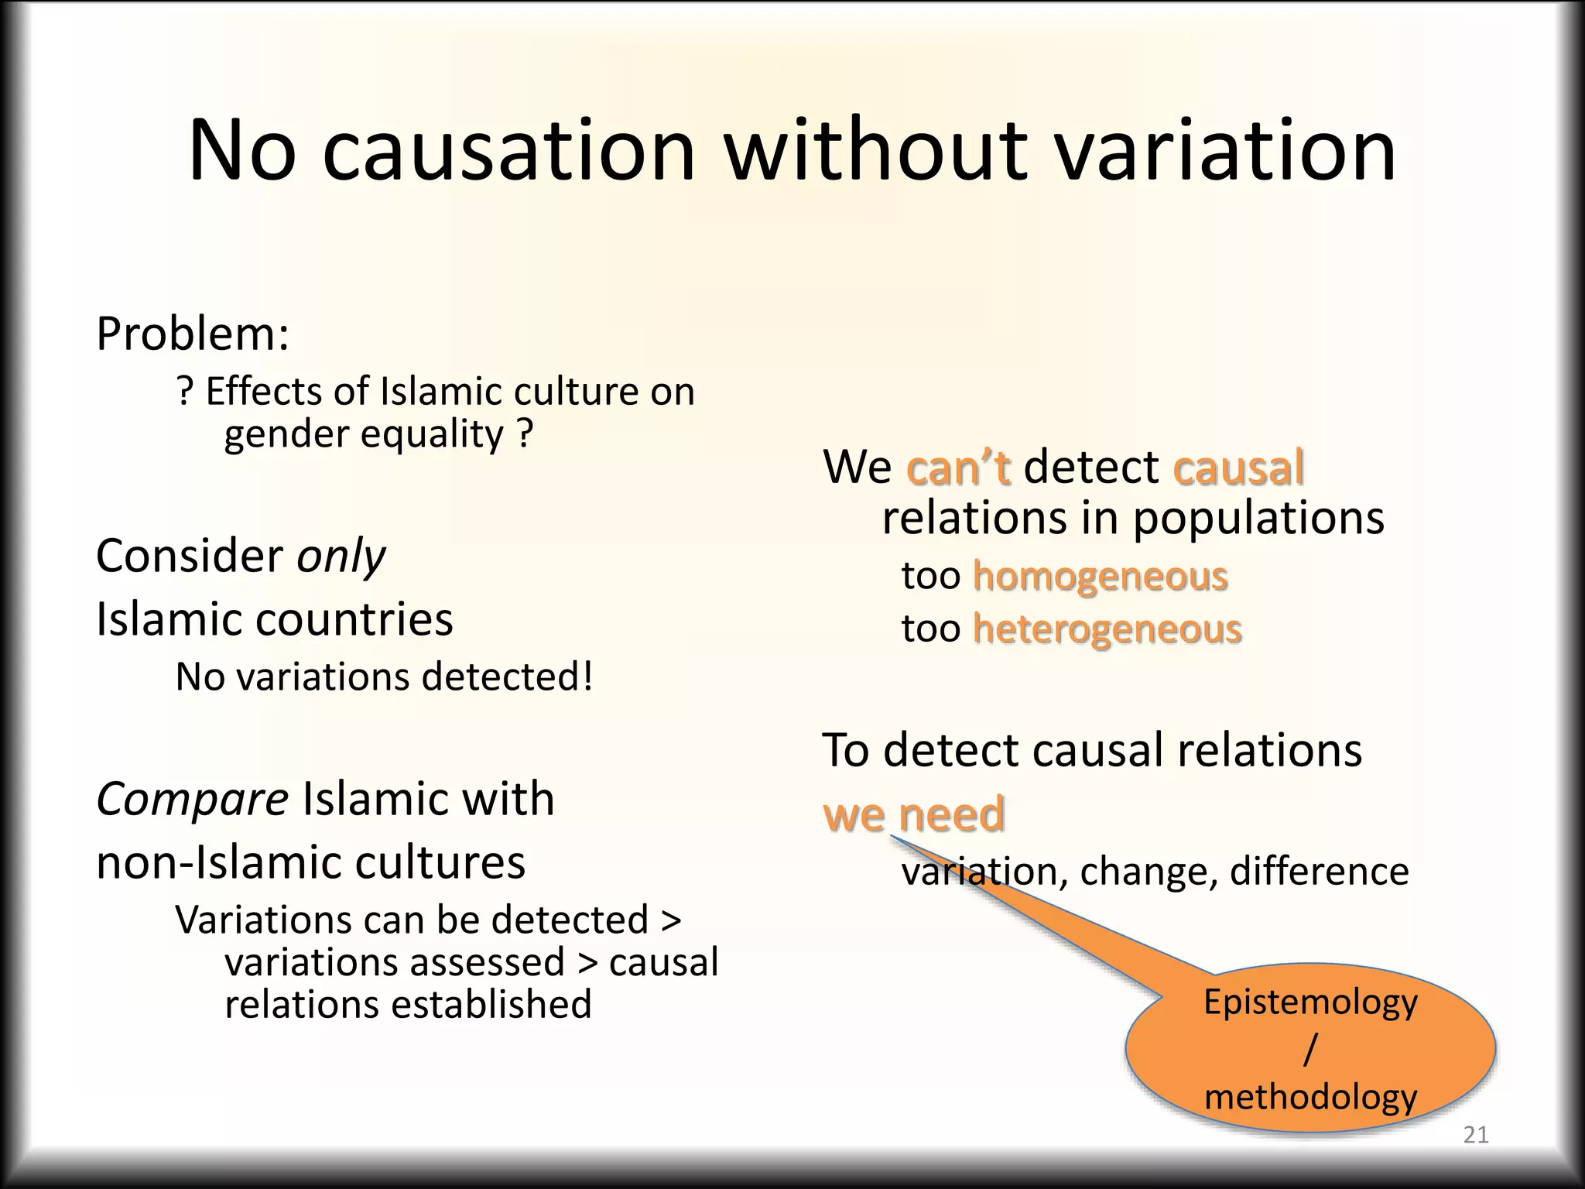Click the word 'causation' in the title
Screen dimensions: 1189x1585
(508, 151)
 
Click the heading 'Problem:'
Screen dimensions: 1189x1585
(193, 334)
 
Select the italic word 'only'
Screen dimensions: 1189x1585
(341, 556)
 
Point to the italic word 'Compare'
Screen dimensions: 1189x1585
(192, 800)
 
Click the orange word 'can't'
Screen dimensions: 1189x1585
(958, 468)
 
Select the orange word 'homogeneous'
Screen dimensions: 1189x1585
(1100, 577)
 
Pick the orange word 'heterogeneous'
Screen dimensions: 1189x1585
(1107, 629)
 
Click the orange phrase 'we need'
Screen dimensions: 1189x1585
(913, 814)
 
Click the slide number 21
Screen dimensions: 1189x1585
(1476, 1136)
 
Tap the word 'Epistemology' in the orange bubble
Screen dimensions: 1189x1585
(1310, 1002)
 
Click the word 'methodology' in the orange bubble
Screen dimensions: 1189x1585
(1310, 1097)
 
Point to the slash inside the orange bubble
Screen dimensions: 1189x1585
(1309, 1050)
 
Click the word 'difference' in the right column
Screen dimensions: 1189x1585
(1319, 872)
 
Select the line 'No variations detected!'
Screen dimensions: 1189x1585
(385, 677)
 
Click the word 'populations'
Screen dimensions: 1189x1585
(1258, 518)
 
